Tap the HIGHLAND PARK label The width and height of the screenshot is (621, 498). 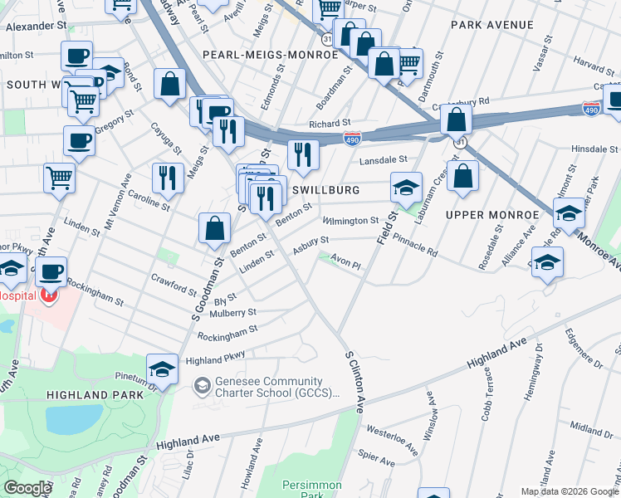click(95, 395)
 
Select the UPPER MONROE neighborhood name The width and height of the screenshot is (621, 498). click(487, 215)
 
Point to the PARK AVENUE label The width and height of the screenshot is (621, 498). click(491, 25)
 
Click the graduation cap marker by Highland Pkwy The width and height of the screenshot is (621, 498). click(162, 369)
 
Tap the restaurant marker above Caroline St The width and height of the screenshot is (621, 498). click(167, 178)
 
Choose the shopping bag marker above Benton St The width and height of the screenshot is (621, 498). click(214, 229)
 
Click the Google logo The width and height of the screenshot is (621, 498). click(27, 488)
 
